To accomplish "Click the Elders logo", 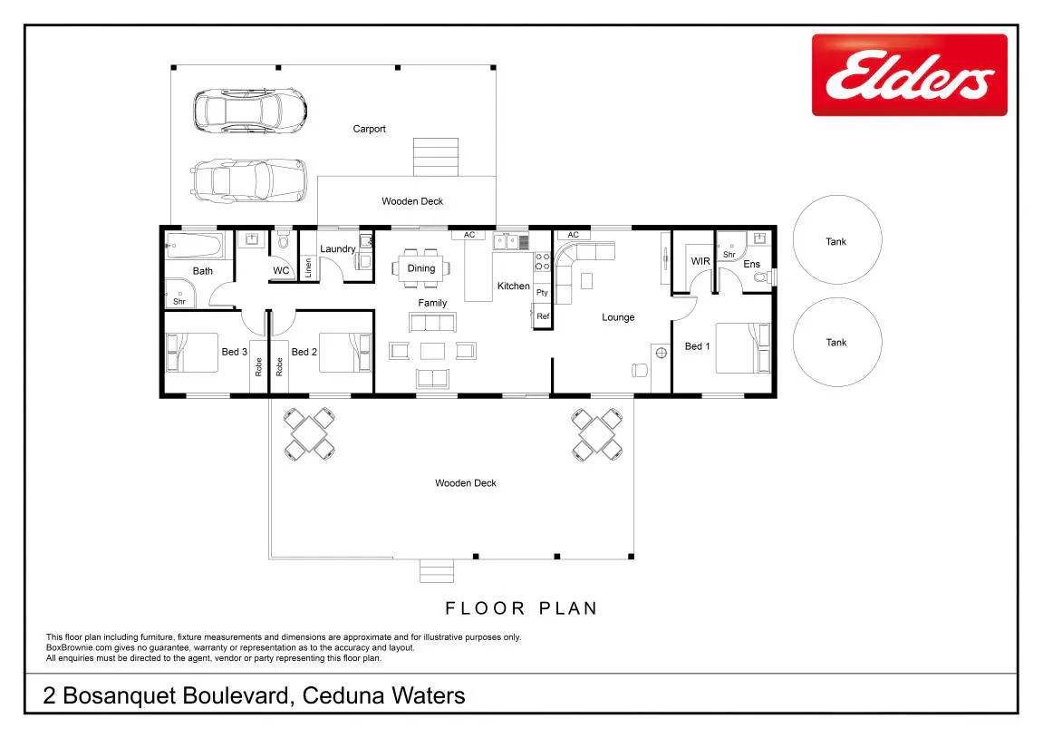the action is click(x=909, y=75).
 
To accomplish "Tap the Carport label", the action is click(x=369, y=129).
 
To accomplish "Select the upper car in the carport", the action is click(x=250, y=111).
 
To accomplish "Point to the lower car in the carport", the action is click(x=249, y=180).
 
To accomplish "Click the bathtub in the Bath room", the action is click(x=194, y=247).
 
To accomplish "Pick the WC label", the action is click(x=281, y=270).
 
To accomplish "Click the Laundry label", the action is click(x=338, y=249).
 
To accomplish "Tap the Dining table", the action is click(x=421, y=268).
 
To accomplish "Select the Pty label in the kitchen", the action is click(x=542, y=293).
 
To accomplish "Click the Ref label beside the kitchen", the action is click(x=543, y=316).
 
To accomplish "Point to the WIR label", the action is click(x=700, y=261).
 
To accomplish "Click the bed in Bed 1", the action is click(x=743, y=348).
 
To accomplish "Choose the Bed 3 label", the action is click(x=234, y=352).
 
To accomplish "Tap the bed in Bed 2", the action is click(x=345, y=353).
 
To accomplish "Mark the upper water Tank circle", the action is click(x=836, y=239).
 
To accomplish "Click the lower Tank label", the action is click(x=836, y=343).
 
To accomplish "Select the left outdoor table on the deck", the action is click(x=309, y=434).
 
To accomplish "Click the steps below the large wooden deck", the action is click(x=437, y=571).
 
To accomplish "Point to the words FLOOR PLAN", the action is click(x=522, y=608).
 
